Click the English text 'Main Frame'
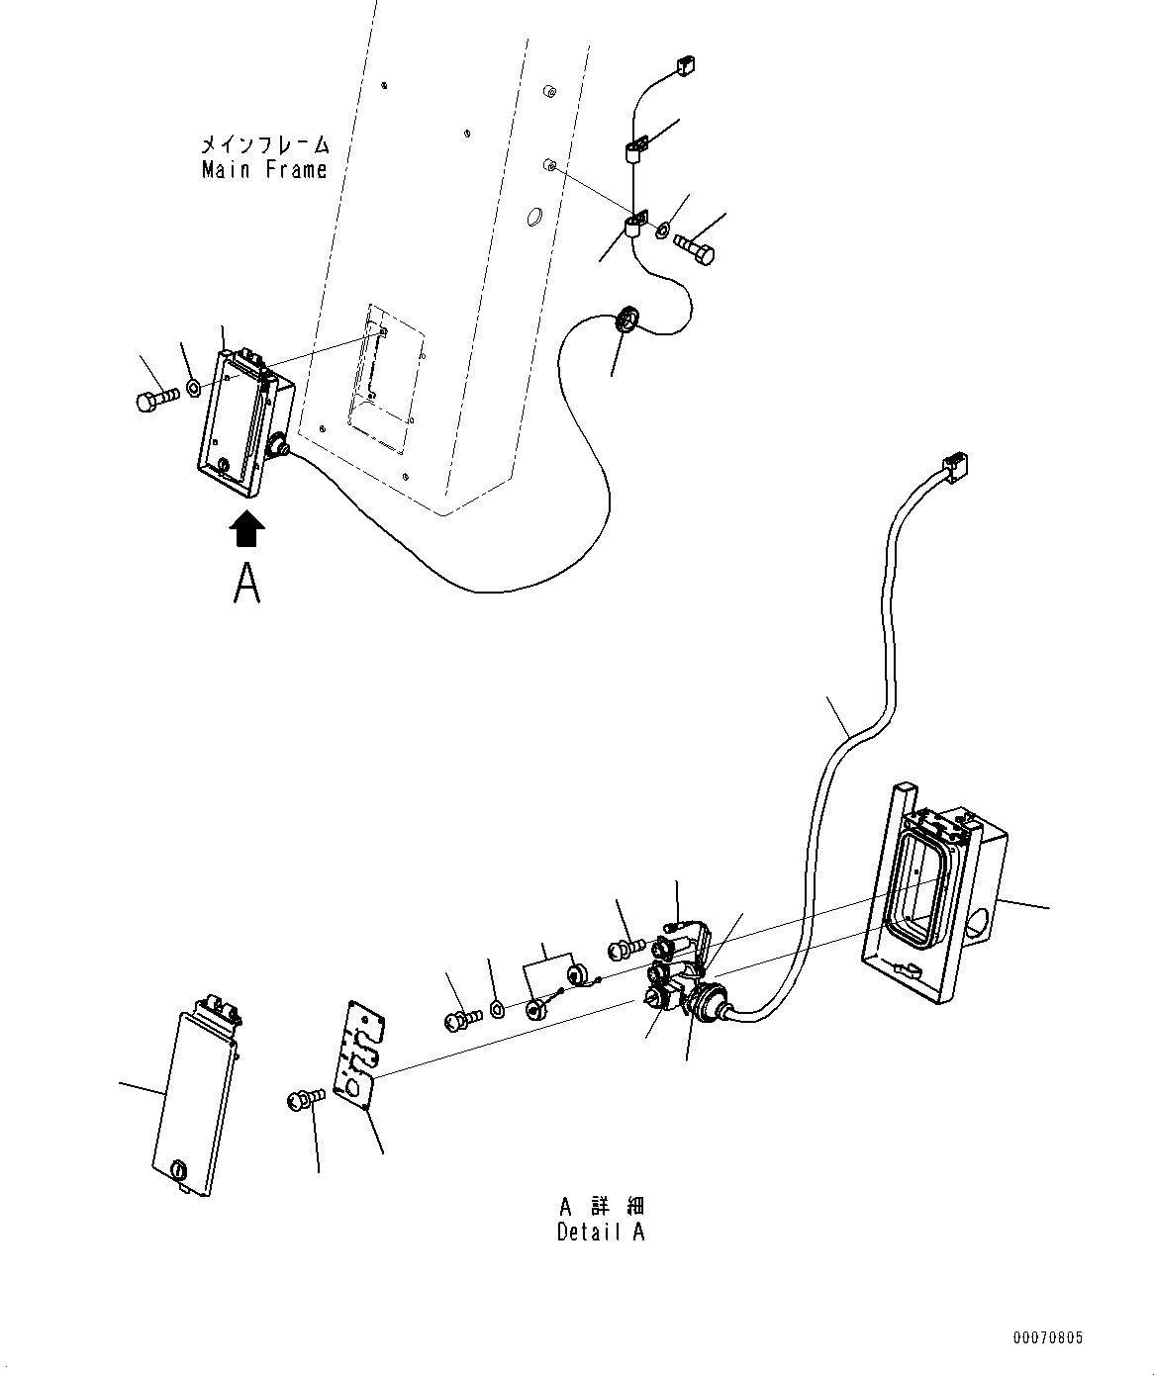(264, 170)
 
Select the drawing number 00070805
(1047, 1337)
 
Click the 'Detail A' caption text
(601, 1233)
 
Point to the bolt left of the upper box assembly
(154, 399)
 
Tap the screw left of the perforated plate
(306, 1098)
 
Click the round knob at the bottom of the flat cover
(179, 1169)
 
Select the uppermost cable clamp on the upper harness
(635, 149)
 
